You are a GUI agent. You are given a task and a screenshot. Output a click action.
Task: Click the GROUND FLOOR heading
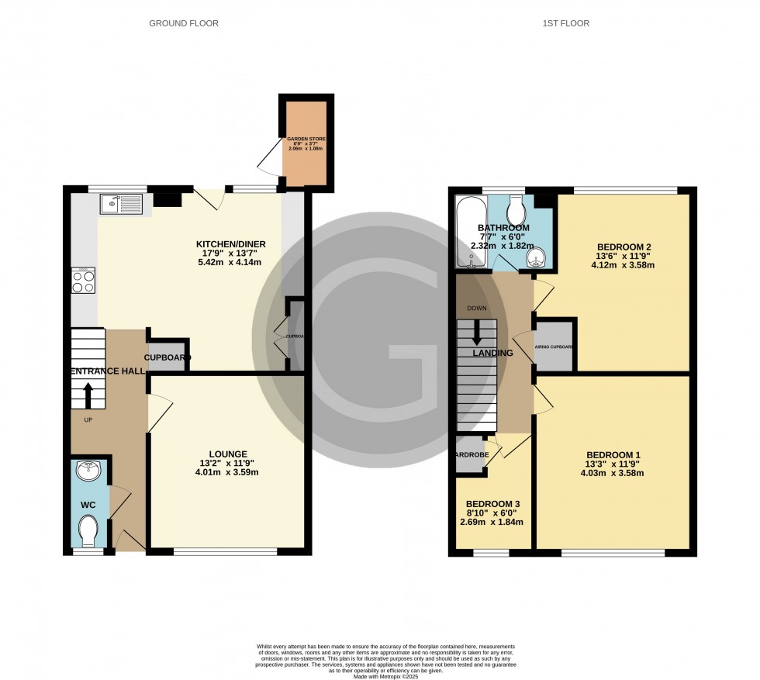(x=183, y=23)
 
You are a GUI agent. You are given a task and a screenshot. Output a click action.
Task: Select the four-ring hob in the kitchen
(x=84, y=280)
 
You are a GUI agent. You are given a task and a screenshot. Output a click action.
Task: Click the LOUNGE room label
(x=227, y=454)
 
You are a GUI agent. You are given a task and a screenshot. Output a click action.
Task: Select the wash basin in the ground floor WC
(x=85, y=469)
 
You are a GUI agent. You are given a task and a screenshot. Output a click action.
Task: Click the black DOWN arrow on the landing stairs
(x=475, y=334)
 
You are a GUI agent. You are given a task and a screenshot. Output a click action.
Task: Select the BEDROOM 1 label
(x=614, y=454)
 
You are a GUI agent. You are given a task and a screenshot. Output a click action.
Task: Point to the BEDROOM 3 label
(x=493, y=504)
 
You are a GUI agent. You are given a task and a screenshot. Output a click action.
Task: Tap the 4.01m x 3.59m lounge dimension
(x=227, y=472)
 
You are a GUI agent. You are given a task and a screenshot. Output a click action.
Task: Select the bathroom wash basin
(x=536, y=257)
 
